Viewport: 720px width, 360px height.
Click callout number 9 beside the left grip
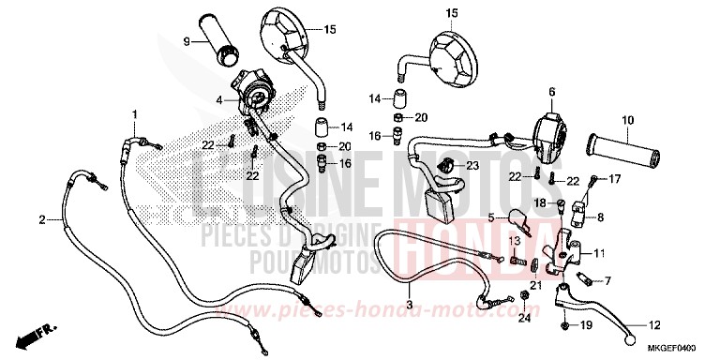(x=187, y=40)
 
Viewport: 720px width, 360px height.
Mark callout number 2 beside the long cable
(x=41, y=220)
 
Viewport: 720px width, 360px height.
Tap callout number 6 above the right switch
(x=551, y=91)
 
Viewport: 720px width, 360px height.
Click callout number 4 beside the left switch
(x=217, y=98)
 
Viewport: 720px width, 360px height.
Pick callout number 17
(x=616, y=178)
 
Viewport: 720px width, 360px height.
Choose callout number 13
(x=513, y=240)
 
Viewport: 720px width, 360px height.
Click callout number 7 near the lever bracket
(x=606, y=279)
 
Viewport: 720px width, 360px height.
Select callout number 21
(x=535, y=285)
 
